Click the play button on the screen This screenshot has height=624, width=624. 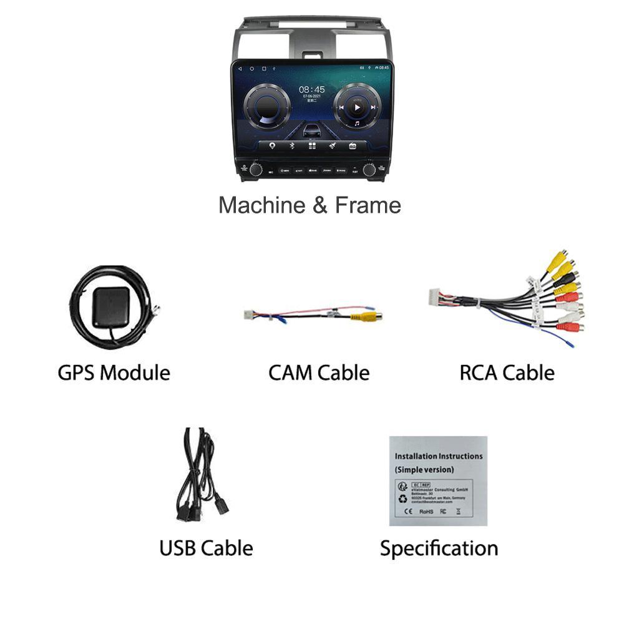tap(357, 107)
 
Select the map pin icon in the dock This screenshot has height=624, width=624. tap(272, 146)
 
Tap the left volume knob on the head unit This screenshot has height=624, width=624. tap(256, 169)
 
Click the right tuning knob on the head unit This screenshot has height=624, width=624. tap(369, 169)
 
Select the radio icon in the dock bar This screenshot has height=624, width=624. tap(353, 146)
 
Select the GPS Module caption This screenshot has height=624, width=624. tap(114, 373)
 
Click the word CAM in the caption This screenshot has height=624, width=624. tap(290, 373)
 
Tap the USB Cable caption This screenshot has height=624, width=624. tap(206, 548)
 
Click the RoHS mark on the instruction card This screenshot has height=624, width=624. tap(426, 512)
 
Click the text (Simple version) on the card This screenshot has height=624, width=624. tap(424, 469)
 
